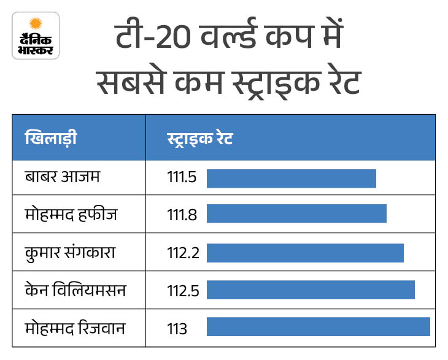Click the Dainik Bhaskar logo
[36, 36]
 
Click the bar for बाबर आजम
[291, 178]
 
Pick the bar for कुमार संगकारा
[305, 253]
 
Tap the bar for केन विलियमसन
[311, 290]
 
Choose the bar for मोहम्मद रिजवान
[318, 327]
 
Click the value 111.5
[182, 178]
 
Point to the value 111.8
[182, 215]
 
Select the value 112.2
[183, 253]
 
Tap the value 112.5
[183, 290]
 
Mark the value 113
[177, 328]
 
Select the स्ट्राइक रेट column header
[199, 137]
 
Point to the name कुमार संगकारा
[71, 252]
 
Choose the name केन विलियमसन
[75, 289]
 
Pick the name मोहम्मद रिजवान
[75, 327]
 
